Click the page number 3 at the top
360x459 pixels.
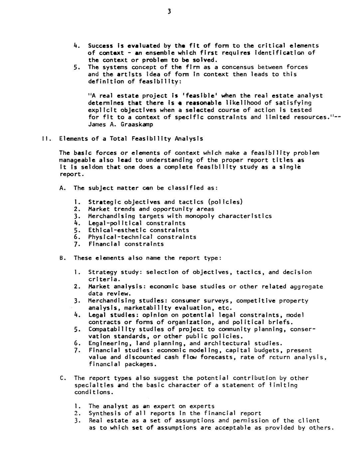click(x=169, y=12)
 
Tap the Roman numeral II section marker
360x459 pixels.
click(x=46, y=139)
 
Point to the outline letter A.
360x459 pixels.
click(x=62, y=188)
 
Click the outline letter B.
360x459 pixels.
click(x=62, y=258)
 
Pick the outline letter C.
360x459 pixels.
click(x=62, y=378)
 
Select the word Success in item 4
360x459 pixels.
click(x=101, y=46)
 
